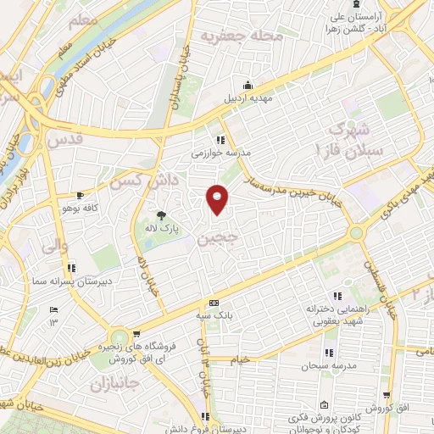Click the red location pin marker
[218, 199]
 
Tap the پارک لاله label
[162, 228]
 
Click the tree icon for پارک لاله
[162, 214]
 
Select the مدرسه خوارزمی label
[220, 153]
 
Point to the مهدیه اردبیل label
[246, 99]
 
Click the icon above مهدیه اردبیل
[247, 86]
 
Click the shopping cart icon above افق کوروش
[387, 394]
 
